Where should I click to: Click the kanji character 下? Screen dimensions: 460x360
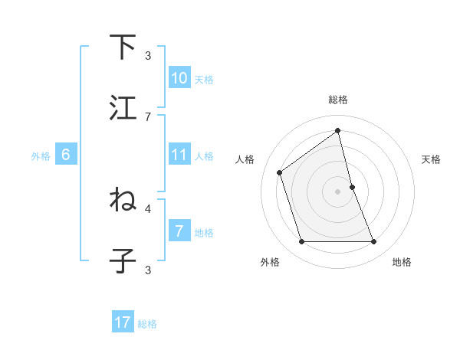tap(123, 47)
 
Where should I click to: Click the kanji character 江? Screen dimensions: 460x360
tap(123, 108)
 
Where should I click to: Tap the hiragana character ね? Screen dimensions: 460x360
tap(123, 199)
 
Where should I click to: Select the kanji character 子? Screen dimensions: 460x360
tap(123, 260)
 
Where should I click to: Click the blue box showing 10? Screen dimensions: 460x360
tap(179, 78)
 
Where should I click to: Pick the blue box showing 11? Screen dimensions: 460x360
tap(179, 155)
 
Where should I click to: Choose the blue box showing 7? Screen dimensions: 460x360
tap(179, 231)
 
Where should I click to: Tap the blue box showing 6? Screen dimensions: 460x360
tap(66, 155)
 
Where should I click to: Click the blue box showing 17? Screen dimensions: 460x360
tap(123, 323)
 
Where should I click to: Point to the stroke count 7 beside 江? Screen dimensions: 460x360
tap(148, 116)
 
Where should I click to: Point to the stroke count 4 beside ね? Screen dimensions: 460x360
tap(148, 208)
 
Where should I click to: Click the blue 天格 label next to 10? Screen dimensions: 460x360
tap(204, 79)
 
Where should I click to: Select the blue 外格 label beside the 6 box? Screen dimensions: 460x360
tap(41, 156)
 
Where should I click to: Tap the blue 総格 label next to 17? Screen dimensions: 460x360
tap(147, 324)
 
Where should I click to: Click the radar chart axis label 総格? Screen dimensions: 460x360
tap(338, 100)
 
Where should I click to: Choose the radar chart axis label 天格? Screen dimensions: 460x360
tap(431, 159)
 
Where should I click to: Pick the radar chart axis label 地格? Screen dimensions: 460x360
tap(402, 262)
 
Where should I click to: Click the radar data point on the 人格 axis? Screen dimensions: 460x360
tap(280, 172)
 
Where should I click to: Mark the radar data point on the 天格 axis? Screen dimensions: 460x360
tap(352, 187)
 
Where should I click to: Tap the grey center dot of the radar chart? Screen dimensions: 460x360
tap(338, 191)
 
